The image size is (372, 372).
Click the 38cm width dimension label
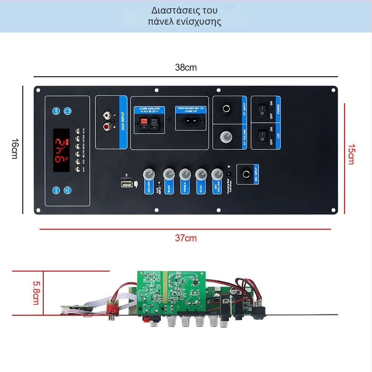coord(186,67)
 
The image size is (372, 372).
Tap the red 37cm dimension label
coord(186,238)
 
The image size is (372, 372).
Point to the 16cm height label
coord(14,149)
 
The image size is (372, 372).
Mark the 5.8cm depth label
coord(36,292)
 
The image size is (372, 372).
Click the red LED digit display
coord(61,150)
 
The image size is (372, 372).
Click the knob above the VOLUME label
coord(149,174)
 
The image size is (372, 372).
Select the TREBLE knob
coord(185,174)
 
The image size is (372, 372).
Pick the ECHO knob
coord(201,174)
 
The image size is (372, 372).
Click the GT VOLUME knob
coord(226,137)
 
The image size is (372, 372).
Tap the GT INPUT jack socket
coord(226,110)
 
